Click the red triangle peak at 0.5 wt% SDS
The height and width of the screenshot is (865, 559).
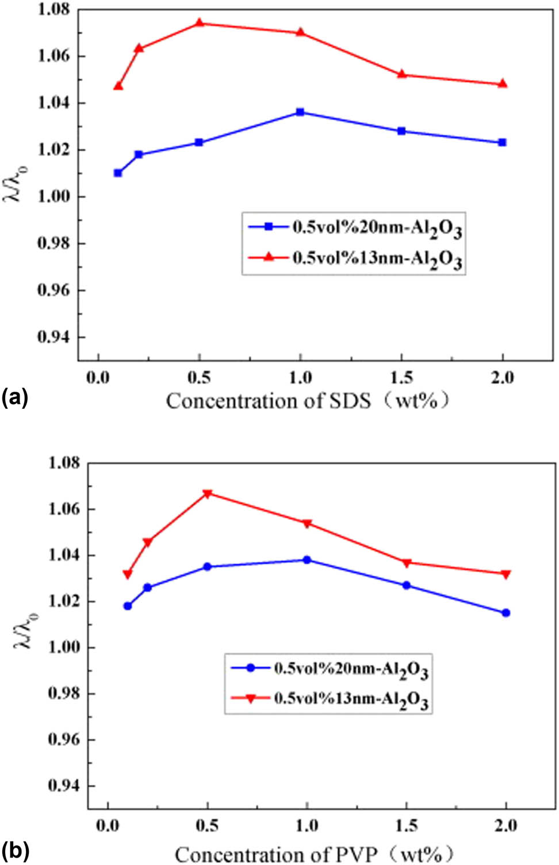point(200,23)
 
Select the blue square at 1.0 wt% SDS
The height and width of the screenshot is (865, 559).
point(300,112)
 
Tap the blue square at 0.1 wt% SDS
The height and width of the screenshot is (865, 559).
point(118,173)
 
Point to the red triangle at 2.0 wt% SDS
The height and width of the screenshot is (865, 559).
point(502,84)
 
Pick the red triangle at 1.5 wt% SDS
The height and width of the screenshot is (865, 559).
point(401,74)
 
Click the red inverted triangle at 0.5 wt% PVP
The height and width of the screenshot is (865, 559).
point(208,493)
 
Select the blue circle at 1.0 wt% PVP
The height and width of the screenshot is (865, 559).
point(307,560)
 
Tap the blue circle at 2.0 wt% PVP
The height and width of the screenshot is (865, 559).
point(506,613)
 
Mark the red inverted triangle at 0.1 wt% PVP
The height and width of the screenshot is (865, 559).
point(128,574)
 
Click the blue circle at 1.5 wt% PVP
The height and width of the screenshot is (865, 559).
point(407,585)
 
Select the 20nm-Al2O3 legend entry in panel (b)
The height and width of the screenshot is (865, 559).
point(330,669)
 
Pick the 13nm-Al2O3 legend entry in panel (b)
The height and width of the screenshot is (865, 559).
point(330,699)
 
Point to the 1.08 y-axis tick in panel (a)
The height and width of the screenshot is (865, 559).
point(53,10)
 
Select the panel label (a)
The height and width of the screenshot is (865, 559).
point(14,397)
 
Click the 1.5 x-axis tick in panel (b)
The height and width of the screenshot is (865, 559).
point(407,826)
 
